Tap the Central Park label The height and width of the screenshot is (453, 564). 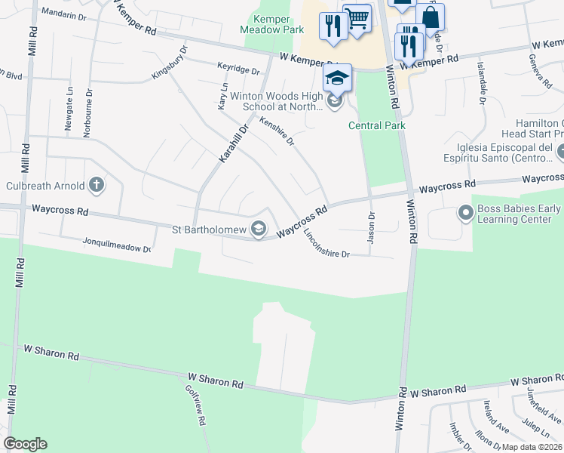pyautogui.click(x=377, y=125)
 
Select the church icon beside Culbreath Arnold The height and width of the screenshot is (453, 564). pyautogui.click(x=96, y=184)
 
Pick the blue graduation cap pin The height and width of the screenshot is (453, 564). pyautogui.click(x=337, y=77)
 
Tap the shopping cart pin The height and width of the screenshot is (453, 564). pyautogui.click(x=357, y=17)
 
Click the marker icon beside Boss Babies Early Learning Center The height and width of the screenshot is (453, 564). pyautogui.click(x=465, y=214)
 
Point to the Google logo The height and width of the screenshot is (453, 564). pyautogui.click(x=25, y=444)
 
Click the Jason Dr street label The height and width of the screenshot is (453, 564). pyautogui.click(x=371, y=226)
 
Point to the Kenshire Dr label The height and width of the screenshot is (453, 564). pyautogui.click(x=275, y=130)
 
